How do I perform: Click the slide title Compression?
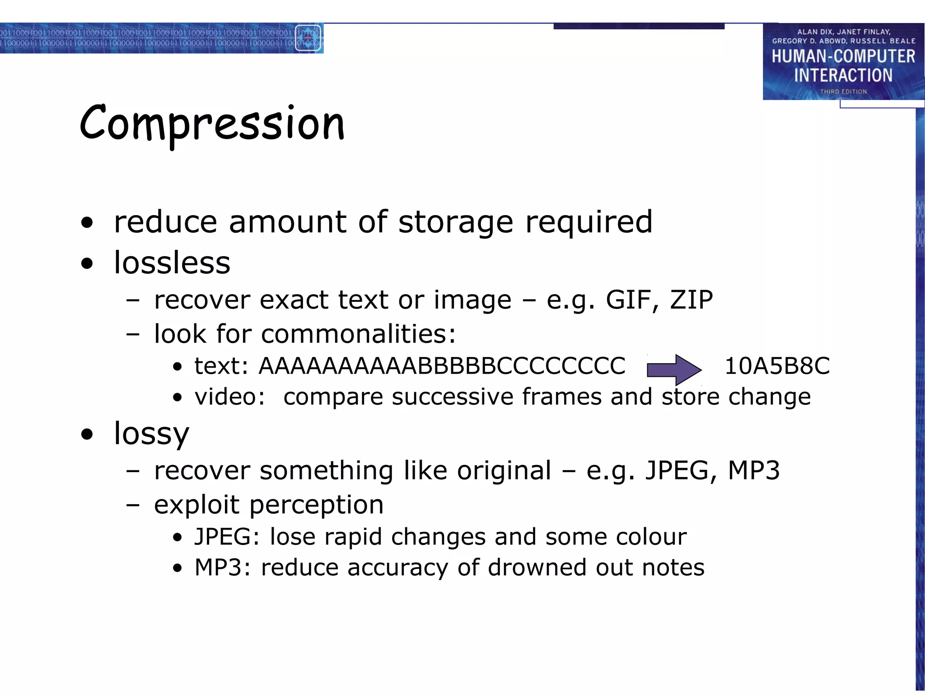[x=212, y=124]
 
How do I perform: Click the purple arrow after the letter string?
[x=674, y=370]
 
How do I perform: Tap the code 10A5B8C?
[x=777, y=366]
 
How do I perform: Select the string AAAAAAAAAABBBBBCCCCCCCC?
[x=442, y=366]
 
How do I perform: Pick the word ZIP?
[x=691, y=300]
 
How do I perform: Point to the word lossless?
[x=172, y=263]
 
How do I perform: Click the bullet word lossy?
[x=151, y=434]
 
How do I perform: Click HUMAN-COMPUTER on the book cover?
[x=843, y=56]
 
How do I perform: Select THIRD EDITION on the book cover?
[x=843, y=92]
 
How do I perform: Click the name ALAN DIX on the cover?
[x=814, y=32]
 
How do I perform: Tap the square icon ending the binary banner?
[x=308, y=38]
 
